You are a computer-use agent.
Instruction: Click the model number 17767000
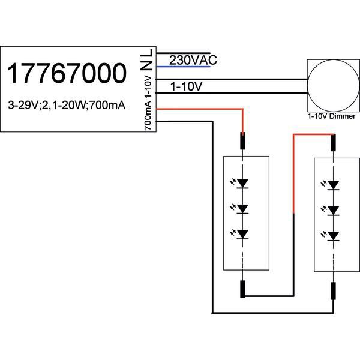tap(67, 73)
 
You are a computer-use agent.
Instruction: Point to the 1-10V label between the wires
tap(186, 87)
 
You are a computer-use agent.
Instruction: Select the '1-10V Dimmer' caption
tap(331, 115)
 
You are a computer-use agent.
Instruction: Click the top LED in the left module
tap(243, 182)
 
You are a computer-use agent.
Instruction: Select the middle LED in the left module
tap(243, 208)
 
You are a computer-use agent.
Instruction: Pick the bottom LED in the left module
tap(243, 234)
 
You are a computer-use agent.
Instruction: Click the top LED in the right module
tap(334, 184)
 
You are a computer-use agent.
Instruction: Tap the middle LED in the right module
tap(334, 210)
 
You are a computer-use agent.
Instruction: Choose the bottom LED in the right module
tap(334, 235)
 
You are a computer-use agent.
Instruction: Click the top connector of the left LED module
tap(243, 142)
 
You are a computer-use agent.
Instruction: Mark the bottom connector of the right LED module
tap(334, 290)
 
